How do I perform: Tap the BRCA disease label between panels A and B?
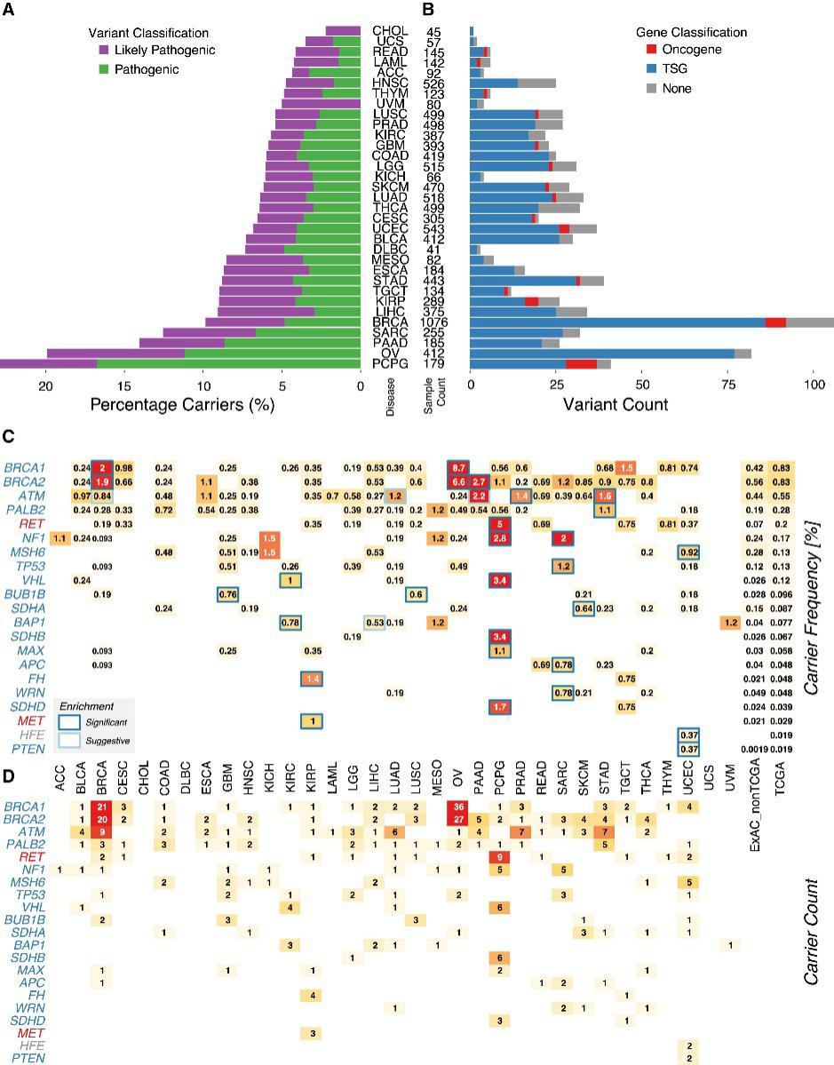click(387, 322)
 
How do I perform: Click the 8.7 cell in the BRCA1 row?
click(458, 467)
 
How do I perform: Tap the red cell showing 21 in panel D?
click(102, 806)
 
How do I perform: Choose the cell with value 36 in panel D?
click(458, 806)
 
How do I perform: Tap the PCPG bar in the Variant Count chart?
click(540, 363)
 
